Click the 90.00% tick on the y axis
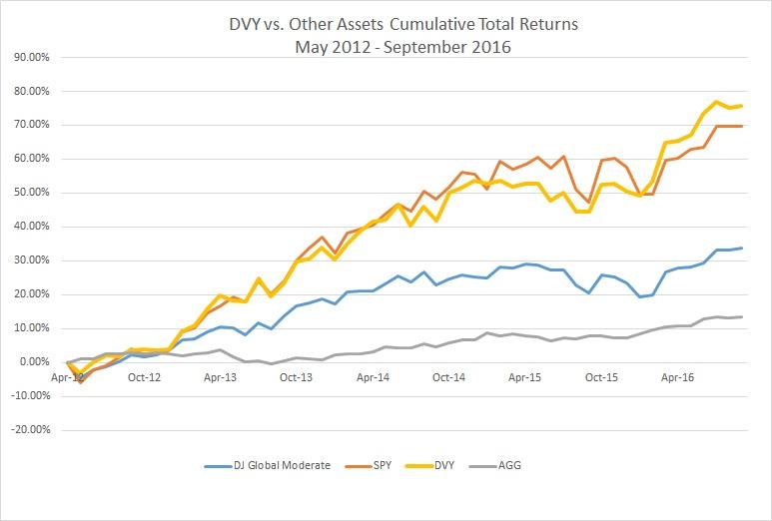pyautogui.click(x=32, y=57)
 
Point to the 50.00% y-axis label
pyautogui.click(x=32, y=193)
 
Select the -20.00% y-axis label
pyautogui.click(x=30, y=430)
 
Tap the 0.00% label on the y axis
pyautogui.click(x=35, y=362)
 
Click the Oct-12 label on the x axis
pyautogui.click(x=144, y=378)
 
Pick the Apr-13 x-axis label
pyautogui.click(x=220, y=378)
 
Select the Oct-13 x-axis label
pyautogui.click(x=297, y=378)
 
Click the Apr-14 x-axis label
pyautogui.click(x=373, y=378)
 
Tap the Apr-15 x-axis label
pyautogui.click(x=525, y=378)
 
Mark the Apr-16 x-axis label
pyautogui.click(x=678, y=378)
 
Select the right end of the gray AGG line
pyautogui.click(x=740, y=316)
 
